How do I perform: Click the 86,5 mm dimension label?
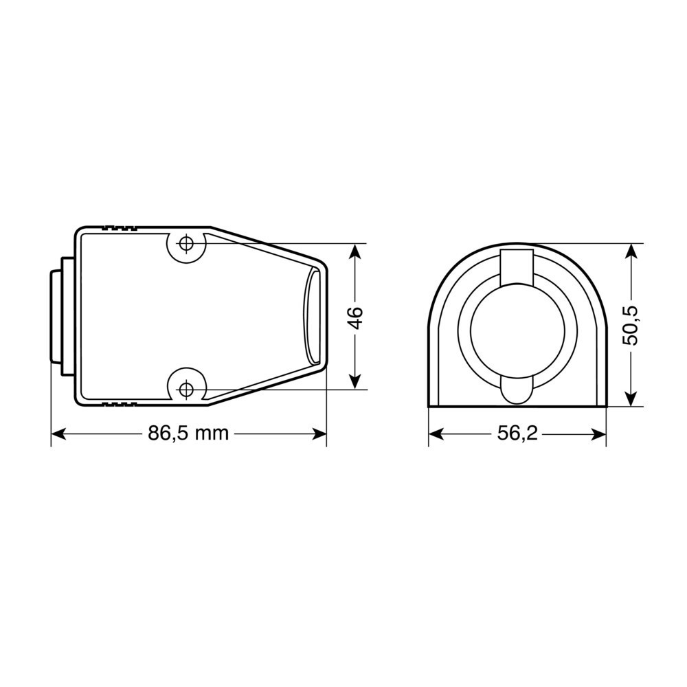click(188, 433)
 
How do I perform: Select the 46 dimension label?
click(357, 317)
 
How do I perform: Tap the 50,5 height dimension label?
click(631, 326)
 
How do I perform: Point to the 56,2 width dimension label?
click(517, 433)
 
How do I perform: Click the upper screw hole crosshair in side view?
click(187, 243)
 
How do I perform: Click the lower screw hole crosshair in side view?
click(187, 388)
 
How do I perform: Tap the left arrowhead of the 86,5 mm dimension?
click(58, 433)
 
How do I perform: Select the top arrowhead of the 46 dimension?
click(355, 251)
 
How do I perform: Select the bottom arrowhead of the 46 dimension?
click(355, 381)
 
